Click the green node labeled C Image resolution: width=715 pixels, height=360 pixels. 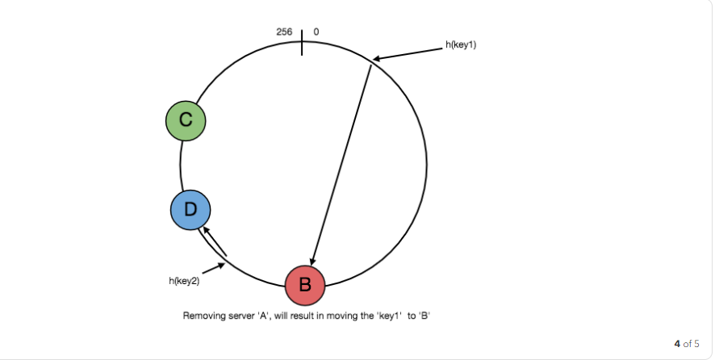(x=186, y=120)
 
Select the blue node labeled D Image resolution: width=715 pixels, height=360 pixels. (x=190, y=210)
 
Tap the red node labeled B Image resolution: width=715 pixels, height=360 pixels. (x=305, y=284)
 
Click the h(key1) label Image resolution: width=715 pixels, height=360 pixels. (x=461, y=44)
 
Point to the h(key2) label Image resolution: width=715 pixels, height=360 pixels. (x=184, y=280)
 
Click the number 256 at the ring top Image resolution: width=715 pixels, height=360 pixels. (x=284, y=31)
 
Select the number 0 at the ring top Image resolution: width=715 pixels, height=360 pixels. (x=316, y=31)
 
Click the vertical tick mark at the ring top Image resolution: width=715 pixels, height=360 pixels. (x=302, y=42)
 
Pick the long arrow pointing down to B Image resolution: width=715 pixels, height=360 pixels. (x=341, y=165)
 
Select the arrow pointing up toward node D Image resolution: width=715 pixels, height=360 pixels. (x=214, y=241)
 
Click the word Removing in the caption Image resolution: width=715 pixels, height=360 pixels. (x=202, y=315)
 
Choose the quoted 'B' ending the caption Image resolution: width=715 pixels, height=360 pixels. (x=424, y=315)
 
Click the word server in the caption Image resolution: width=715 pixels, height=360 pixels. (x=239, y=315)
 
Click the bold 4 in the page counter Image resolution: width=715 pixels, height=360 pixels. (x=678, y=343)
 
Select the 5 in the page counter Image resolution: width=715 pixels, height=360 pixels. (x=696, y=343)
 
